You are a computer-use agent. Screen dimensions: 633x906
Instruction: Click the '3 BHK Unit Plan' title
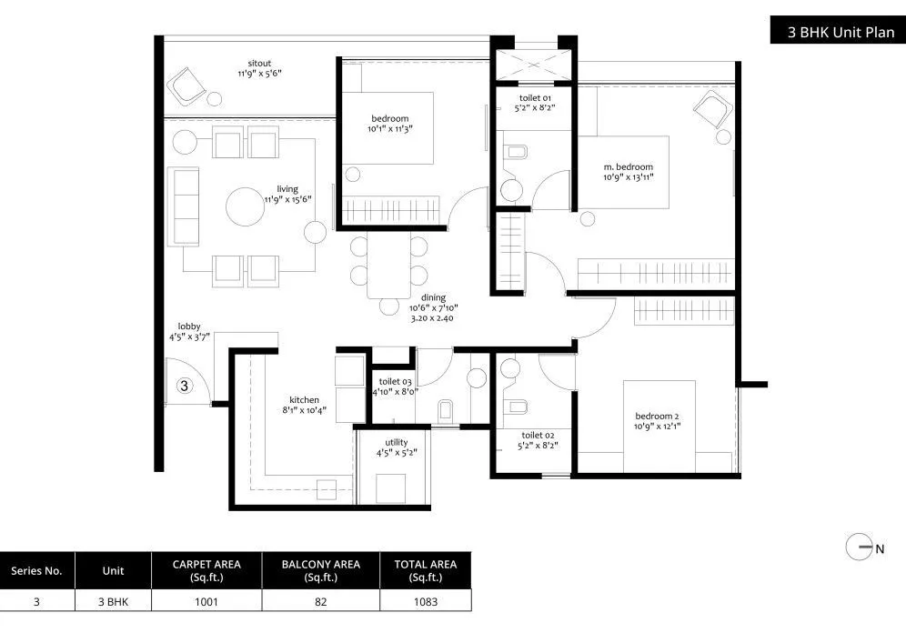click(834, 33)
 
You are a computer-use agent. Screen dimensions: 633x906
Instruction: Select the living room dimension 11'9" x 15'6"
click(288, 199)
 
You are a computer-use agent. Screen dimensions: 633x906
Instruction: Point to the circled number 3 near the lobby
click(184, 386)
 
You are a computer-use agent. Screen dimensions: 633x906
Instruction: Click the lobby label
click(189, 327)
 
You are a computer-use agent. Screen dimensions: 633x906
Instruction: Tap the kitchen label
click(304, 400)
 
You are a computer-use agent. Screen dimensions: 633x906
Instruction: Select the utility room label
click(397, 442)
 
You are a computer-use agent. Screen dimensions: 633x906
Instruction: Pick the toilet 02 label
click(537, 436)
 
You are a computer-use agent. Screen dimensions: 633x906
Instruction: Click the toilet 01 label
click(534, 97)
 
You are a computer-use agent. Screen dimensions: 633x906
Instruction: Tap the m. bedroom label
click(628, 166)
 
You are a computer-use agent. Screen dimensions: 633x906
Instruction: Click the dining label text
click(432, 297)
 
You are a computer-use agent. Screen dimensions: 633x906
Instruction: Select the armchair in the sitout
click(188, 85)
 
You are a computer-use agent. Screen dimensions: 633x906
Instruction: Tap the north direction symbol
click(860, 548)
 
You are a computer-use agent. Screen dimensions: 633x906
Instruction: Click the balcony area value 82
click(320, 600)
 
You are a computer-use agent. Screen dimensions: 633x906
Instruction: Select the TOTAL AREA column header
click(425, 570)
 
